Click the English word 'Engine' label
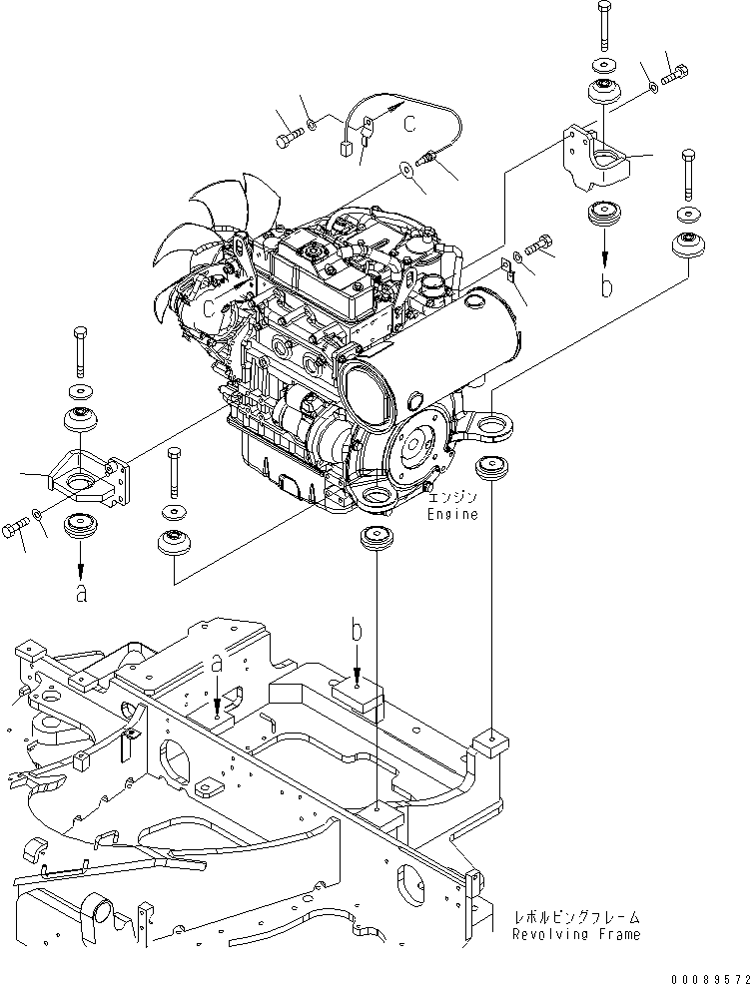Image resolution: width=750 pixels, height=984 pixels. tap(452, 515)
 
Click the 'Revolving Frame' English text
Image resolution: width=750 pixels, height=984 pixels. tap(575, 934)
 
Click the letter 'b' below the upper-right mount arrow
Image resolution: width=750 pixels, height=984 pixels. tap(606, 286)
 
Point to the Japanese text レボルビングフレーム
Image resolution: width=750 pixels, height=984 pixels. tap(576, 917)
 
